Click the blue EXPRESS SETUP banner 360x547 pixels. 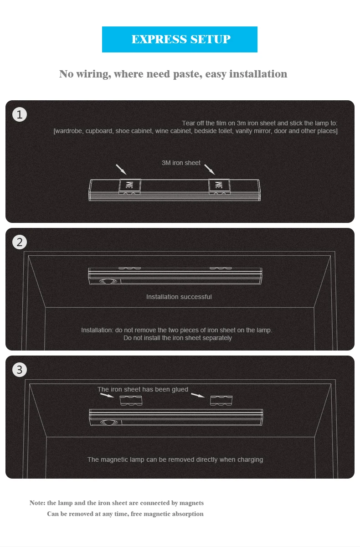tap(180, 39)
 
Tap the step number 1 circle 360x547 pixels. tap(20, 114)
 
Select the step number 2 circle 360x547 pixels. tap(20, 242)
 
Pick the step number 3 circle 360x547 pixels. tap(20, 370)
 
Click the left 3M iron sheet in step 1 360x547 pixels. tap(130, 186)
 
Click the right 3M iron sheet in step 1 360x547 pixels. tap(219, 186)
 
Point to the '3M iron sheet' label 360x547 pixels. tap(181, 163)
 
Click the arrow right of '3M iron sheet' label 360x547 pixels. tap(210, 169)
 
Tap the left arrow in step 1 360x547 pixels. tap(121, 169)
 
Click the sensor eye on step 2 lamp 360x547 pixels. tap(108, 281)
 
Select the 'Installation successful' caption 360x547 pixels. tap(179, 297)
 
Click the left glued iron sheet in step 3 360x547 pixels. tap(131, 401)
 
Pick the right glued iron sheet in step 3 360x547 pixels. tap(221, 401)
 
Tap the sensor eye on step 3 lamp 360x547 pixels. tap(109, 422)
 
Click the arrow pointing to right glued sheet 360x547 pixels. tap(198, 395)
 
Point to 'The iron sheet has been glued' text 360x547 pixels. tap(143, 389)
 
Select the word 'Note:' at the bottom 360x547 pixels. tap(37, 503)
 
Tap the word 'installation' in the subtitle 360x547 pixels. tap(258, 74)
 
